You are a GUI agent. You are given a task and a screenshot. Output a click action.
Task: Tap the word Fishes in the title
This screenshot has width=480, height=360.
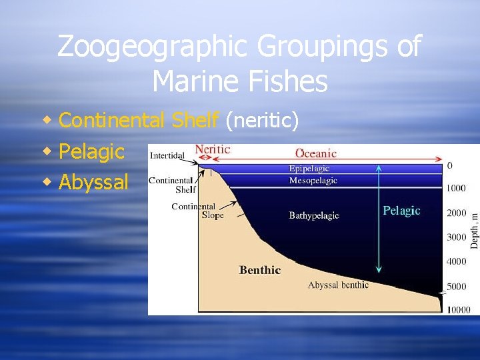click(288, 82)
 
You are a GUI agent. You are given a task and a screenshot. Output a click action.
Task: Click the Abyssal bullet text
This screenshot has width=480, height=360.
click(93, 182)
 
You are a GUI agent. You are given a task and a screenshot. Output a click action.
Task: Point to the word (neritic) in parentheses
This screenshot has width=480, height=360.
click(262, 120)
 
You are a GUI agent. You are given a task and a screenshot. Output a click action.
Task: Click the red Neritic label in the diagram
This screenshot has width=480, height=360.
click(213, 149)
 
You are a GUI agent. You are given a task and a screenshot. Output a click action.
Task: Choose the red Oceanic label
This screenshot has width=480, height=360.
click(316, 153)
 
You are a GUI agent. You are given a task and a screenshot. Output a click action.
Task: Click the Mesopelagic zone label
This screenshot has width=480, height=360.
click(313, 180)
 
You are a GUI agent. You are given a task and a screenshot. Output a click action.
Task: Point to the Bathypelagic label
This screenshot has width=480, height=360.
click(314, 215)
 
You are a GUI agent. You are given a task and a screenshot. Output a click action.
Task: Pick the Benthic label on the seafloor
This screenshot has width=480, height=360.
click(260, 270)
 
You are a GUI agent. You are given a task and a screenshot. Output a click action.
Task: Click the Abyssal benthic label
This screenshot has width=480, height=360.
click(338, 285)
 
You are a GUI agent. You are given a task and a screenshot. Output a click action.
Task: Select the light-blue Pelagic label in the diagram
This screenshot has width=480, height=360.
click(401, 211)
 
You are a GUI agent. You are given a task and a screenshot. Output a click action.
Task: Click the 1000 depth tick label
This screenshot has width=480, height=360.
click(456, 189)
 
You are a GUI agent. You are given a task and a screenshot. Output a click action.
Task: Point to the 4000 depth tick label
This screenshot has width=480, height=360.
click(456, 262)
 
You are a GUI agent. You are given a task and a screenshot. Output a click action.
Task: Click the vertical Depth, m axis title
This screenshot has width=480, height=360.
click(474, 231)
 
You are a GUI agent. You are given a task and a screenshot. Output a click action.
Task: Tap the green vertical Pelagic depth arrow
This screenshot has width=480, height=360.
click(379, 220)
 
